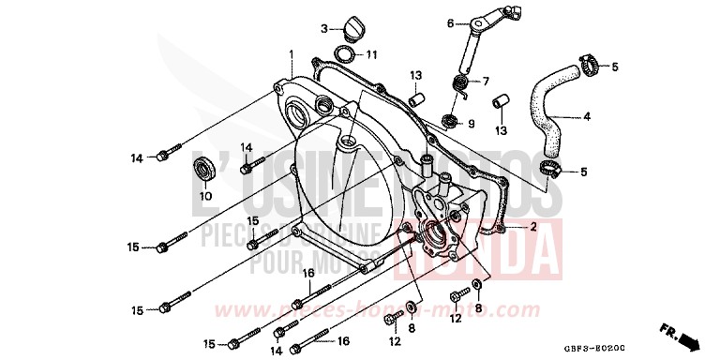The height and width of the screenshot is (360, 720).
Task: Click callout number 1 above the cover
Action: [x=292, y=52]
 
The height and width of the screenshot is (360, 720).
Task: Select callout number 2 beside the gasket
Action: [x=532, y=227]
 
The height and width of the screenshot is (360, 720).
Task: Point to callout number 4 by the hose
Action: [x=587, y=117]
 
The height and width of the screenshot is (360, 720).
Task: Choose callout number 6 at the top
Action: [x=450, y=22]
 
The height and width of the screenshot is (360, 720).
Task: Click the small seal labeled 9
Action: [x=450, y=122]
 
